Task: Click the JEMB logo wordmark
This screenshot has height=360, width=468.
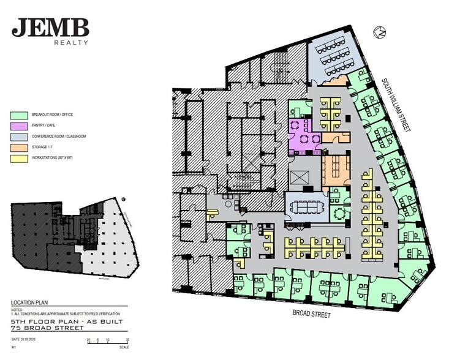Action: click(51, 27)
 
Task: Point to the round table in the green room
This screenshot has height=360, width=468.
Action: click(338, 213)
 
